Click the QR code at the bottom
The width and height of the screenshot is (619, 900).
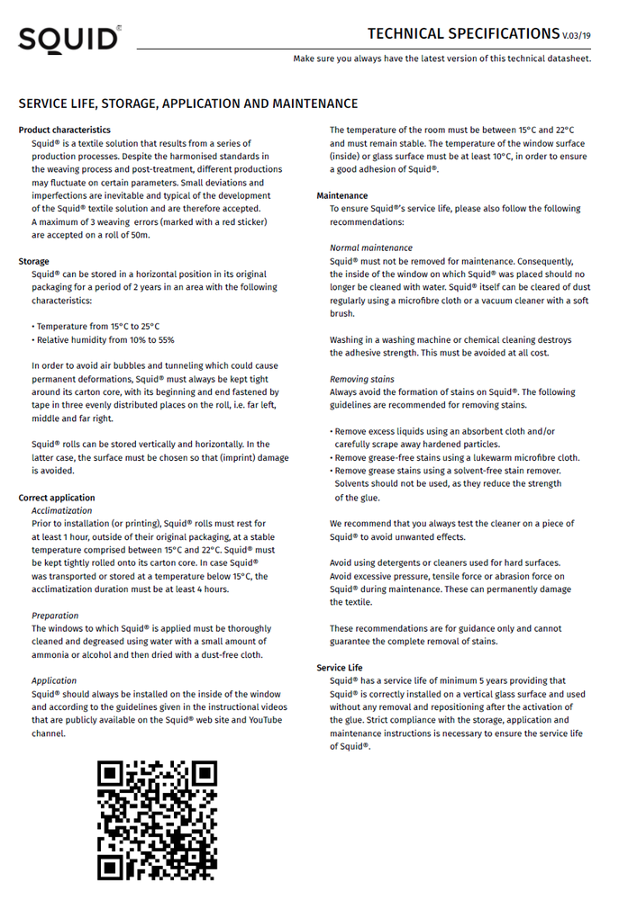click(x=158, y=819)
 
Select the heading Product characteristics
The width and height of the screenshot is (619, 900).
click(x=64, y=130)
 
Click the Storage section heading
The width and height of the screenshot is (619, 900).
click(x=34, y=261)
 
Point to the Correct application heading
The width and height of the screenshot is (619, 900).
click(x=57, y=498)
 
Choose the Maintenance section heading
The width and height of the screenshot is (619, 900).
click(x=342, y=195)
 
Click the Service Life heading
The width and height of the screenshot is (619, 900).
click(x=340, y=668)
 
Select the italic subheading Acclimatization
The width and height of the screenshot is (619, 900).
click(x=62, y=510)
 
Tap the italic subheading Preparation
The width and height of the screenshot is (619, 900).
click(x=55, y=616)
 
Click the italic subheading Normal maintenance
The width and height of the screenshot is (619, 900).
click(x=371, y=247)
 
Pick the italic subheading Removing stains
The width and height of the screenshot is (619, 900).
click(x=362, y=379)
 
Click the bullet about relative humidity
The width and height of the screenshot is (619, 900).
click(x=105, y=340)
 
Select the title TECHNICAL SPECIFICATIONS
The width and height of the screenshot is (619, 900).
click(x=463, y=34)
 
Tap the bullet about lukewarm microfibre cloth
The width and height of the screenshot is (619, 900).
click(x=456, y=457)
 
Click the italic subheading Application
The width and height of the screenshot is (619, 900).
click(x=54, y=680)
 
